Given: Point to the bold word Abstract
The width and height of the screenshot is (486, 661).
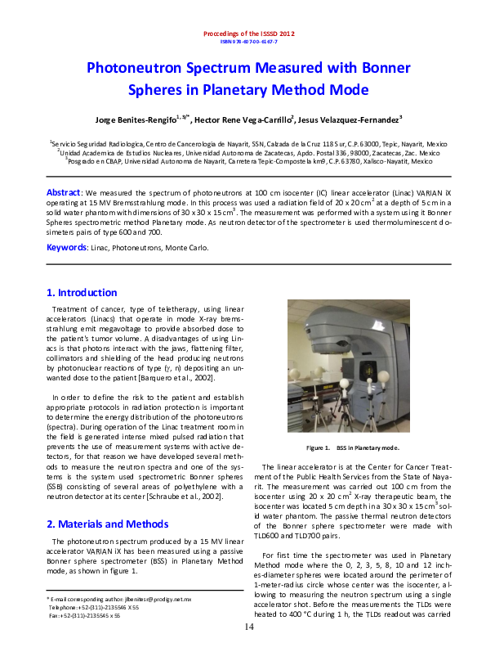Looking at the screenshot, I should pyautogui.click(x=62, y=191).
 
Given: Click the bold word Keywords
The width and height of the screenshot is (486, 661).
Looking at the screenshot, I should pyautogui.click(x=66, y=247).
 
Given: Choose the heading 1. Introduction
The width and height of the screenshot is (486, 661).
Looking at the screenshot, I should pyautogui.click(x=82, y=293).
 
